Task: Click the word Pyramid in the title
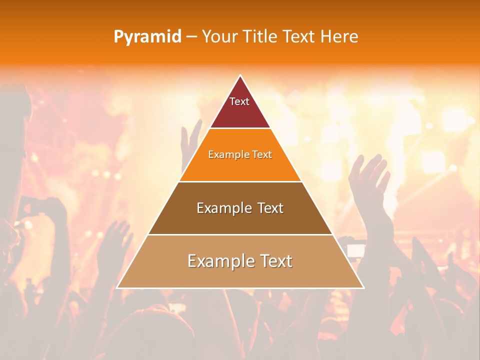tap(147, 37)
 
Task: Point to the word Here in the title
tap(339, 36)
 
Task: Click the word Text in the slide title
tap(299, 36)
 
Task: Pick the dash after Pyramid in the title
tap(191, 37)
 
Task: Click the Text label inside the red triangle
tap(239, 101)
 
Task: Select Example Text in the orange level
tap(240, 154)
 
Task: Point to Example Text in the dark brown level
tap(240, 208)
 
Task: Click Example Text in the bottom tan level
tap(240, 261)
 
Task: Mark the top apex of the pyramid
tap(240, 76)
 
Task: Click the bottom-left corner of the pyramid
tap(118, 287)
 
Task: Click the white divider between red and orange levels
tap(240, 128)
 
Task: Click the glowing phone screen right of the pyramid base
tap(356, 250)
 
